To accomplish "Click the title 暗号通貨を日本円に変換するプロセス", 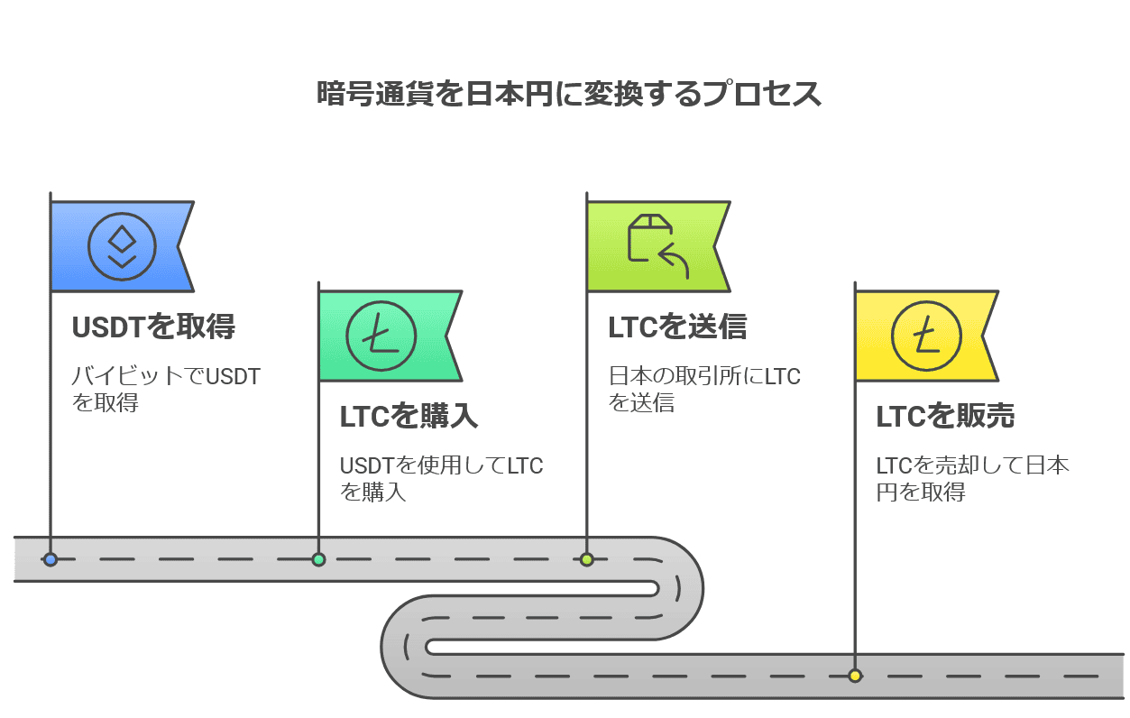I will pyautogui.click(x=569, y=95).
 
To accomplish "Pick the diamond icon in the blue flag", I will pyautogui.click(x=123, y=246).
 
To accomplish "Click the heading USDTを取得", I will pyautogui.click(x=153, y=327).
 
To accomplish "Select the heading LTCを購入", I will pyautogui.click(x=409, y=416).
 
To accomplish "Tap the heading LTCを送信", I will pyautogui.click(x=677, y=327).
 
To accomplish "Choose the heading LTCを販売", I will pyautogui.click(x=945, y=416).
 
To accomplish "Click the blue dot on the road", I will pyautogui.click(x=51, y=559).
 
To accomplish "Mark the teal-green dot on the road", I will pyautogui.click(x=318, y=559).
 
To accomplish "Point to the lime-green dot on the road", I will pyautogui.click(x=587, y=559).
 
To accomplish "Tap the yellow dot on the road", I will pyautogui.click(x=855, y=676).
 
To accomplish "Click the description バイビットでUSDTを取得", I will pyautogui.click(x=166, y=389).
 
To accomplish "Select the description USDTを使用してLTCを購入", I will pyautogui.click(x=441, y=478).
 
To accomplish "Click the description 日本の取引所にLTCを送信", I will pyautogui.click(x=704, y=389).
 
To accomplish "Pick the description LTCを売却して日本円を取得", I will pyautogui.click(x=972, y=478).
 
